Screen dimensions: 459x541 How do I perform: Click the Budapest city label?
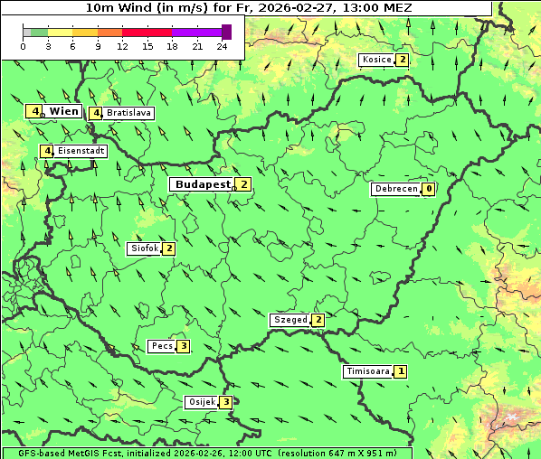point(204,184)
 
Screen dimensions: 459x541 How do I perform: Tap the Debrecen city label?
point(395,190)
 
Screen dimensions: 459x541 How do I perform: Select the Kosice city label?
point(376,60)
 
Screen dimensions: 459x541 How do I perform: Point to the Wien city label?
point(63,111)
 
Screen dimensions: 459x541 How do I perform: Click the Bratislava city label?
point(128,114)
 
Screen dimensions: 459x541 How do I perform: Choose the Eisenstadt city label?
point(81,151)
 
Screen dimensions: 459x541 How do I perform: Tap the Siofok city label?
point(144,248)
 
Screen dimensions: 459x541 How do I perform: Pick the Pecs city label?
point(162,346)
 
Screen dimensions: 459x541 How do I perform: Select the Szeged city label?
point(290,320)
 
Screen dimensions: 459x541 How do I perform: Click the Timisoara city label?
point(367,371)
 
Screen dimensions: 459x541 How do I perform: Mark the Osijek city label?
point(201,402)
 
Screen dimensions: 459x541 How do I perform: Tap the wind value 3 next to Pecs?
point(183,346)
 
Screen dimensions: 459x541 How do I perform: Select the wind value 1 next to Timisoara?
point(401,371)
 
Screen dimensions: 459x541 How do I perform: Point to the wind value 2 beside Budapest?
point(243,184)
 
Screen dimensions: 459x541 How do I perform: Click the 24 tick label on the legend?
point(223,46)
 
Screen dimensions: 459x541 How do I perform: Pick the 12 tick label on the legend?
point(123,46)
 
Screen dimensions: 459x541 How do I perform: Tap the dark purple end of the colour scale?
point(226,32)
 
